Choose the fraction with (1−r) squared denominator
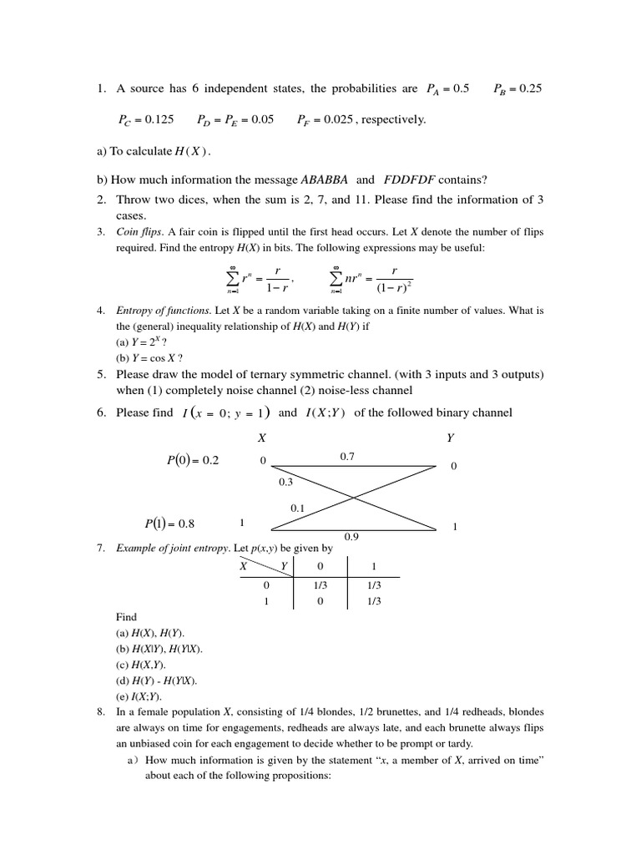(x=393, y=277)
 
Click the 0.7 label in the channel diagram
(x=348, y=456)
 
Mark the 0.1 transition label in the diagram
(x=298, y=508)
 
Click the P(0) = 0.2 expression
(x=193, y=460)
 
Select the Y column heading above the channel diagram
(x=451, y=437)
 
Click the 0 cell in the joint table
(x=320, y=601)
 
